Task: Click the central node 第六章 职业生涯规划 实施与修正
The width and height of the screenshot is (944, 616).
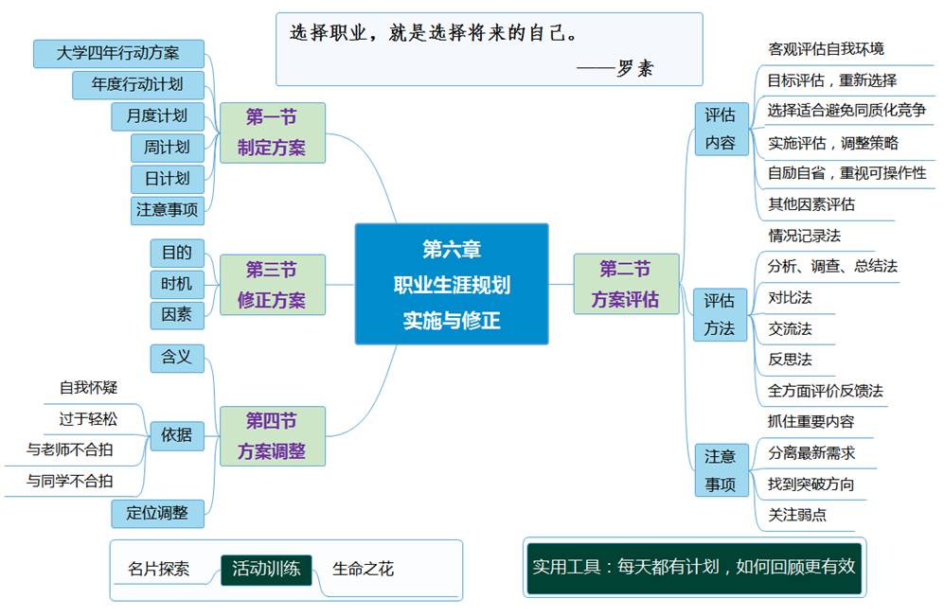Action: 452,284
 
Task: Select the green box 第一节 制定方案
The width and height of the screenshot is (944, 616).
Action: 272,132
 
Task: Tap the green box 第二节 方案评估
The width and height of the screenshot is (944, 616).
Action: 626,284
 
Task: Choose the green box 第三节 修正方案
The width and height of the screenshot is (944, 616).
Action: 272,285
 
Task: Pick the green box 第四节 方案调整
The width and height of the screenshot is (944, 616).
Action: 272,436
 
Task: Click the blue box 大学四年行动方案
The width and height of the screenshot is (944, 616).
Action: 118,53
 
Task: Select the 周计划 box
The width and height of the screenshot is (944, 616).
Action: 168,147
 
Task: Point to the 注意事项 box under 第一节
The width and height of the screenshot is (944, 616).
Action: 168,209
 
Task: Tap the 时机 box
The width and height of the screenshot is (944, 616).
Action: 177,283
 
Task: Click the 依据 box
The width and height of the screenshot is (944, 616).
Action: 177,435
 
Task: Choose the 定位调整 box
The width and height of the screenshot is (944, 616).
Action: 158,513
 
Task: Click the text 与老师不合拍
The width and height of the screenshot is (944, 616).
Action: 70,449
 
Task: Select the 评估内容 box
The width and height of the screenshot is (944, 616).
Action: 721,129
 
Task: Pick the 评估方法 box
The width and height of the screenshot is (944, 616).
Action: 720,314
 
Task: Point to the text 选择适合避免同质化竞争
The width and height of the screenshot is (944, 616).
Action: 846,111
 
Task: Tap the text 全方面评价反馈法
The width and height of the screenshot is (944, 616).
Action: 826,390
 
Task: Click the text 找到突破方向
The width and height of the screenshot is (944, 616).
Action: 811,484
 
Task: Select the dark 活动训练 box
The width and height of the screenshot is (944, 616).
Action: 266,569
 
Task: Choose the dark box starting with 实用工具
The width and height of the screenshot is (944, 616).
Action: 693,567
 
